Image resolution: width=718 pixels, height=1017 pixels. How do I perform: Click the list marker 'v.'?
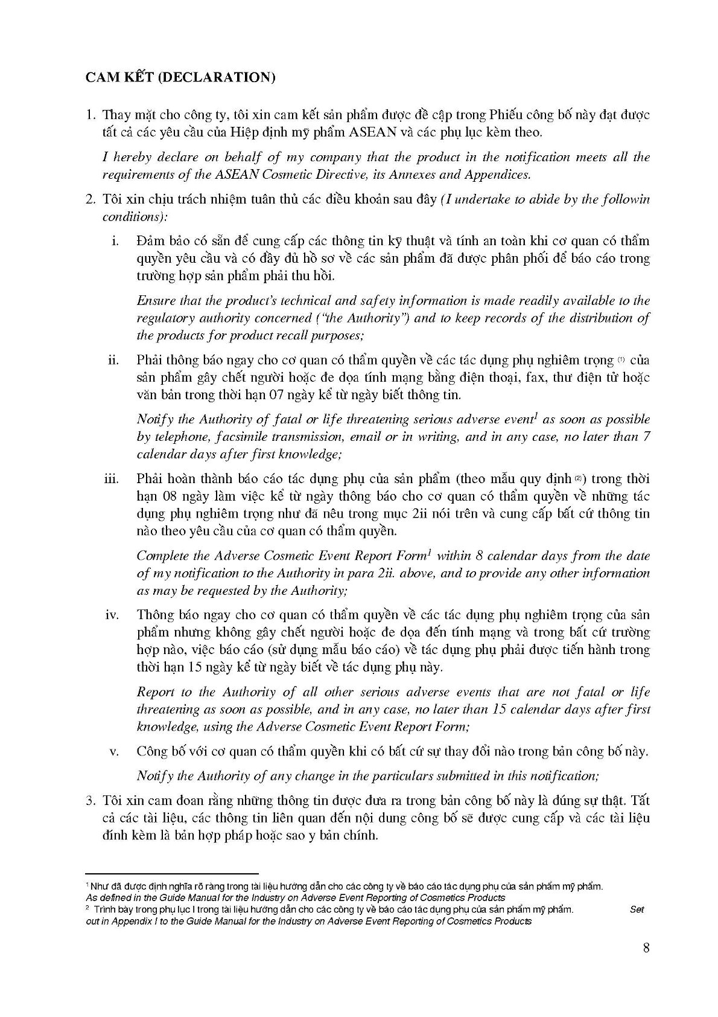(x=113, y=752)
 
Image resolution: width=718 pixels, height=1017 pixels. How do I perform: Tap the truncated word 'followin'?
(x=627, y=199)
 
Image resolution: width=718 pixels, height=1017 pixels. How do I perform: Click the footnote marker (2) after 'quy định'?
(x=578, y=479)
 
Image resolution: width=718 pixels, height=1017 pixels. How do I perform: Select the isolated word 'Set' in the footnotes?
(x=637, y=910)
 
